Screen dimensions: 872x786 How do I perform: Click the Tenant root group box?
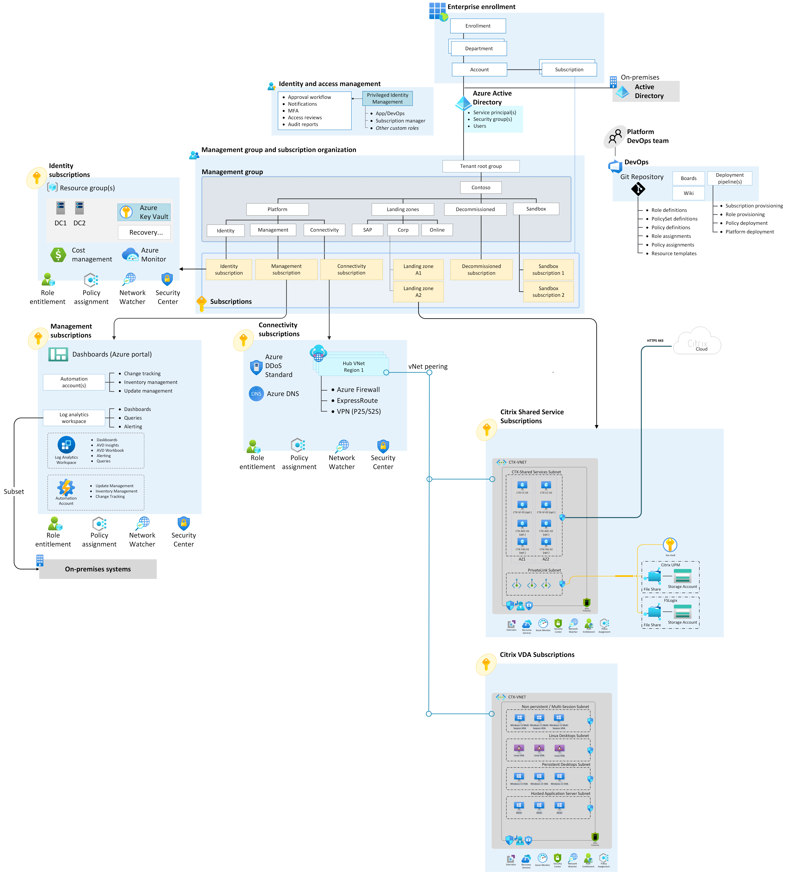tap(481, 166)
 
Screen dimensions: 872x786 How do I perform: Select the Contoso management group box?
tap(481, 187)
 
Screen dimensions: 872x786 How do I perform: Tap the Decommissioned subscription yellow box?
tap(481, 270)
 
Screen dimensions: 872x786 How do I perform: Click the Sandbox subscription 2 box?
tap(548, 292)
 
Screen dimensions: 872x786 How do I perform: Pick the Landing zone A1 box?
tap(418, 270)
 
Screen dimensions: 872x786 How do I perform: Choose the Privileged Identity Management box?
tap(387, 98)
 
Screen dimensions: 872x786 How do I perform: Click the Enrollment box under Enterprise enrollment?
tap(478, 26)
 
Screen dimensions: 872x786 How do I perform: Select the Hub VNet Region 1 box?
tap(354, 367)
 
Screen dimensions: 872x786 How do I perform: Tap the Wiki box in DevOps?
tap(688, 193)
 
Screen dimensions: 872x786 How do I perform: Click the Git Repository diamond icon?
tap(638, 189)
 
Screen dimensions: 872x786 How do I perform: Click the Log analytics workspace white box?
tap(74, 418)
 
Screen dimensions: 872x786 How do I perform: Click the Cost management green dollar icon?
tap(58, 255)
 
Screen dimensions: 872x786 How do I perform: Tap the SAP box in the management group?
tap(368, 230)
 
